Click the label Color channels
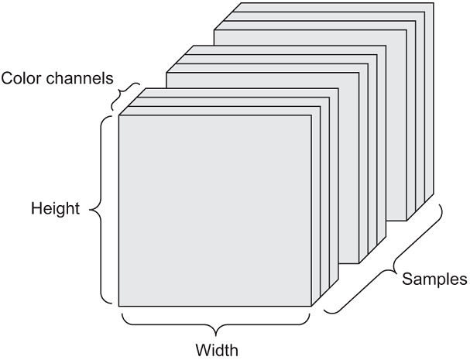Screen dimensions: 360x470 click(x=58, y=77)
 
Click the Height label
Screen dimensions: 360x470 click(x=56, y=208)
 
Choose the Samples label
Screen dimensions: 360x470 click(x=435, y=278)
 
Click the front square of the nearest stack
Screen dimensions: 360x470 click(x=214, y=210)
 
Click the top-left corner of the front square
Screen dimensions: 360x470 click(x=118, y=115)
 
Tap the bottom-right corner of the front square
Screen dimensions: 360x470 click(x=310, y=307)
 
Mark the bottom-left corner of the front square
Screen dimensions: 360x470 click(x=118, y=307)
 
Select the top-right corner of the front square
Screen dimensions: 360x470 click(x=310, y=115)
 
